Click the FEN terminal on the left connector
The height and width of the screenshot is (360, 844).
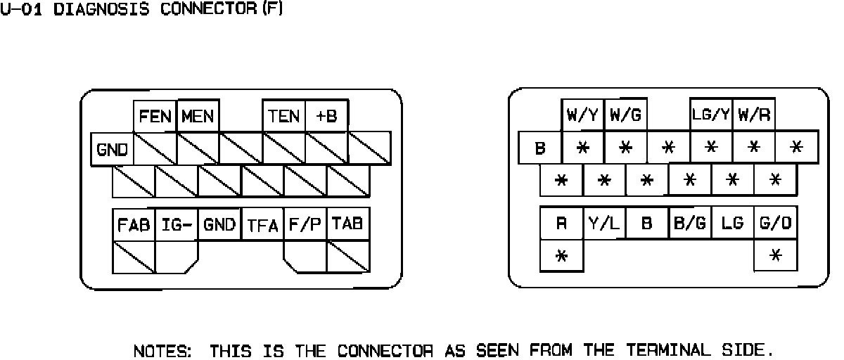[155, 116]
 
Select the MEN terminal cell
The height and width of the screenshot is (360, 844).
[198, 116]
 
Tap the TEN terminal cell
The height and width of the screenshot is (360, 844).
[284, 116]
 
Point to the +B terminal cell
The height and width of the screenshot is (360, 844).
[327, 116]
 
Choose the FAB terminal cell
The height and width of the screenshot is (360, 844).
[134, 225]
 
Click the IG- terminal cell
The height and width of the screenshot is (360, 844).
[177, 225]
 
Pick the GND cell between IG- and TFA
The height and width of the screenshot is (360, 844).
[219, 225]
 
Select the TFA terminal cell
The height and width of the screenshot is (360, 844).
[262, 226]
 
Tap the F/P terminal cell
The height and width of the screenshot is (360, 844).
[305, 225]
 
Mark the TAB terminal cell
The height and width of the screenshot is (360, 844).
[348, 225]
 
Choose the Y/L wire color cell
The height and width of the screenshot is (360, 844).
[604, 224]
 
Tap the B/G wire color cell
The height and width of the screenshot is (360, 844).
[690, 224]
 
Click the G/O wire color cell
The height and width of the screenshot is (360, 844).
[775, 224]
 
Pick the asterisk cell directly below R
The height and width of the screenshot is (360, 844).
[561, 255]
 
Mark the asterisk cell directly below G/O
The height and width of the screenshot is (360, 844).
[775, 255]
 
